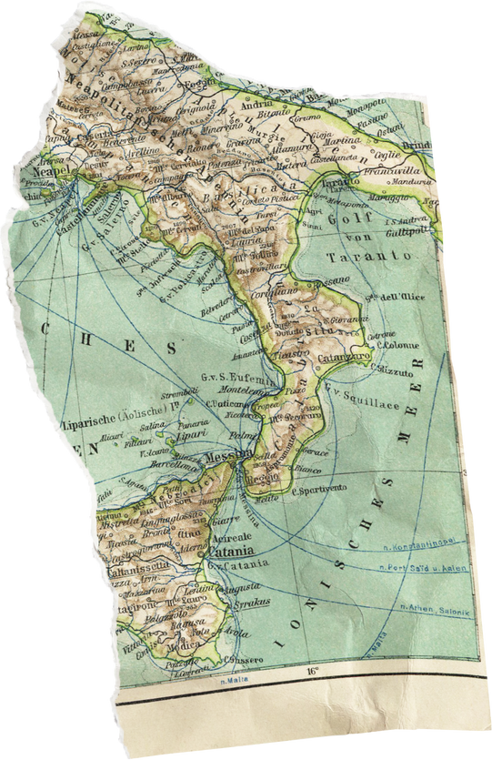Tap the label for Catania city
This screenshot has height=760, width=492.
point(228,552)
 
